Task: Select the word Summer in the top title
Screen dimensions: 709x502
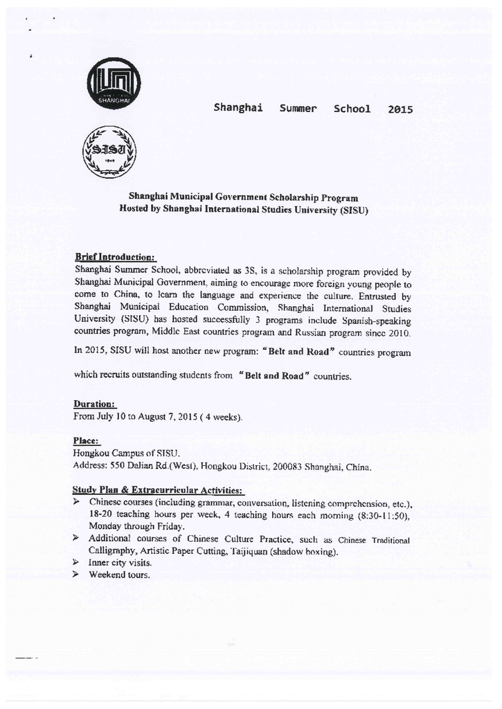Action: (298, 109)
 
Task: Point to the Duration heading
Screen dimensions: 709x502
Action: (95, 404)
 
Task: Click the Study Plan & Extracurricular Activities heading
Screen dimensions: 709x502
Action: (157, 490)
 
